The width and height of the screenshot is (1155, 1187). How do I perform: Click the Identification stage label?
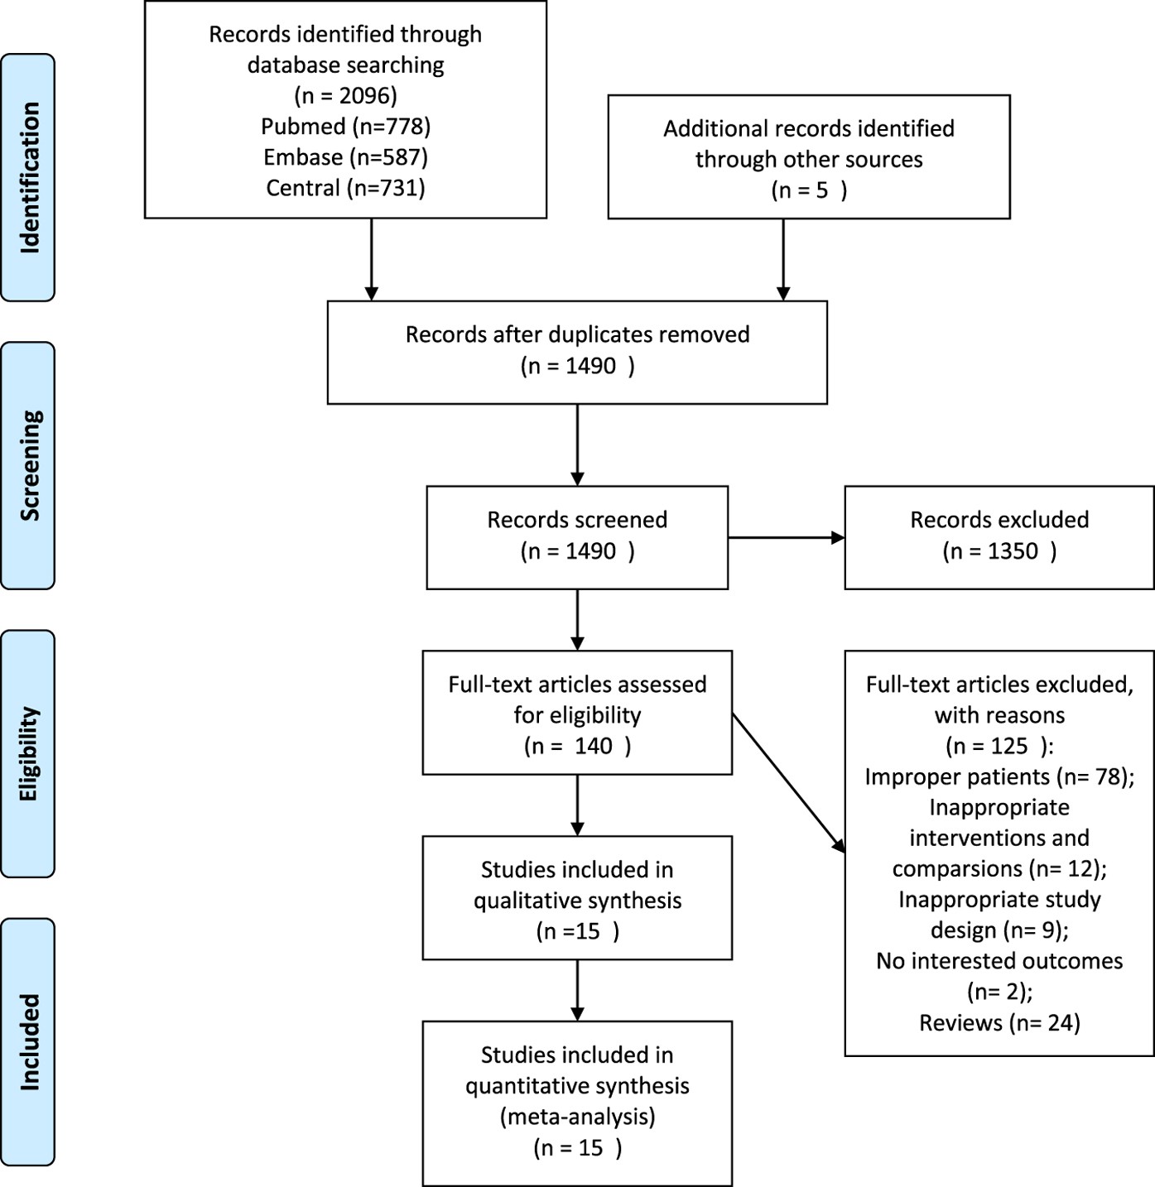pos(28,177)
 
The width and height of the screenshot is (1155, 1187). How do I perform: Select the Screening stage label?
pos(28,465)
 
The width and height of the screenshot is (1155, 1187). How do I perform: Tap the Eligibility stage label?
pos(28,753)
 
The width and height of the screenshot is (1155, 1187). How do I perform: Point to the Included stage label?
pos(28,1041)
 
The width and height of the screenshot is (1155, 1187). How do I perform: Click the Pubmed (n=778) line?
pos(345,126)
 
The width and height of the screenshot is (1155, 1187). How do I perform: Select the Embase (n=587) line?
pos(345,156)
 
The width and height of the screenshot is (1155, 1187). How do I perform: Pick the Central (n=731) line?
pos(345,188)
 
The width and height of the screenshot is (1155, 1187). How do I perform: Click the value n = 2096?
pos(345,95)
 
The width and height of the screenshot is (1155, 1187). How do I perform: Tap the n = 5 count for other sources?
pos(809,190)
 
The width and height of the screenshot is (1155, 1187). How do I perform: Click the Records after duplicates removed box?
pos(577,351)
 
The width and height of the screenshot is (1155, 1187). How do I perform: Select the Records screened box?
pos(577,536)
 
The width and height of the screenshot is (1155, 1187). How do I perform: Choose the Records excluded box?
pos(999,536)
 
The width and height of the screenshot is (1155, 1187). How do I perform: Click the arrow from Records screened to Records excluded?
pos(786,538)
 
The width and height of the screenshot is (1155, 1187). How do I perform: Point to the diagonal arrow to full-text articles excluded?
pos(788,782)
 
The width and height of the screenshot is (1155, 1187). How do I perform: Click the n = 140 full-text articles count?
pos(577,746)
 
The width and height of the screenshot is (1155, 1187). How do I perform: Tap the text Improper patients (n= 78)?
pos(999,776)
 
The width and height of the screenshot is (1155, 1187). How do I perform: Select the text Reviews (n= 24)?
pos(999,1022)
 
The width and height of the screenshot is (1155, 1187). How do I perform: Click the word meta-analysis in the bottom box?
pos(577,1117)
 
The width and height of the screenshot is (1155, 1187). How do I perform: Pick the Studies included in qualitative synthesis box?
pos(577,898)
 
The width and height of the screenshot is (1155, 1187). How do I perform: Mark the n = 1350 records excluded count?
pos(999,551)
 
